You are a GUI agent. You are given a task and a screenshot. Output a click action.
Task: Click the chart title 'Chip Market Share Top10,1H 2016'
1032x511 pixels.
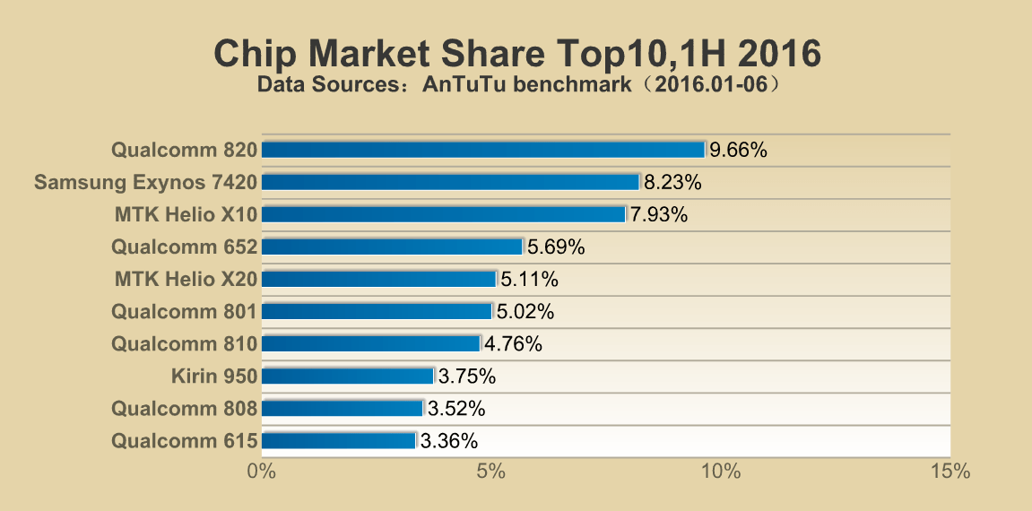click(x=516, y=54)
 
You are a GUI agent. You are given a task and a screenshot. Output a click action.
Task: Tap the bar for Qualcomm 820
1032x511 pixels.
click(x=483, y=150)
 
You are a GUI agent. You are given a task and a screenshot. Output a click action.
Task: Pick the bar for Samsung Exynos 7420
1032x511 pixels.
click(x=450, y=182)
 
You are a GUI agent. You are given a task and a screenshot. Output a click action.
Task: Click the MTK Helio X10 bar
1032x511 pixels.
click(x=443, y=214)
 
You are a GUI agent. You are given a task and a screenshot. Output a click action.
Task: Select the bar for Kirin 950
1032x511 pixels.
click(x=348, y=376)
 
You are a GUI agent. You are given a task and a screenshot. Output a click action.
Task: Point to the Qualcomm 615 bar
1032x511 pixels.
click(x=339, y=440)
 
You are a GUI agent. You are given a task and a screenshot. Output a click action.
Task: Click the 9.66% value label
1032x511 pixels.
click(x=738, y=150)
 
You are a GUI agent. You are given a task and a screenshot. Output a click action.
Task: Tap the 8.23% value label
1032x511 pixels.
click(x=672, y=182)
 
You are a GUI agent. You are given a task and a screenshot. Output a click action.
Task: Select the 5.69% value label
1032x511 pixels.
click(x=556, y=247)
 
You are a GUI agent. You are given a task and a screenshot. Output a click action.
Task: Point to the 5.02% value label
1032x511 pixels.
click(x=525, y=311)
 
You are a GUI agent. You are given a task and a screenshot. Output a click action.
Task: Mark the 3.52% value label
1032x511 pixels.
click(x=456, y=408)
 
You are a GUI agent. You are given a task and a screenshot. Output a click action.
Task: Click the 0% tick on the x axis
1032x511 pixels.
click(x=261, y=472)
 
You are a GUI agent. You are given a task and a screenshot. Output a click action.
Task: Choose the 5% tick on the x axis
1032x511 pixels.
click(x=490, y=472)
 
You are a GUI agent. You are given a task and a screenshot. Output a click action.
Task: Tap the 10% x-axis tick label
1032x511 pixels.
click(x=720, y=472)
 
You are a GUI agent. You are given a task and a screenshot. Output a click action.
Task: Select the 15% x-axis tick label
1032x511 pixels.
click(x=950, y=472)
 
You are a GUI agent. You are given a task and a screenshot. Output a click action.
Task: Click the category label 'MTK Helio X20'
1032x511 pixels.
click(x=186, y=279)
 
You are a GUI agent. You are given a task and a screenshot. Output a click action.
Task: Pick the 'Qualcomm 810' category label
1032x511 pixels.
click(x=184, y=343)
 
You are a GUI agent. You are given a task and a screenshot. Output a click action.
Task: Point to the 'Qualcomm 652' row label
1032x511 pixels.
click(x=184, y=247)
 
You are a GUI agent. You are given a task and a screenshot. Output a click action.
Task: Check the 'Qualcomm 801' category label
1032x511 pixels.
click(x=184, y=311)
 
